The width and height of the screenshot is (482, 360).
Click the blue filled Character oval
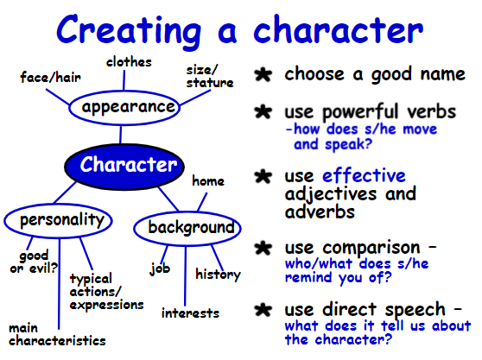click(124, 167)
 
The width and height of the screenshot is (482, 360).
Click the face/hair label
click(50, 77)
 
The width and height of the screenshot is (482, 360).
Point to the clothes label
click(129, 62)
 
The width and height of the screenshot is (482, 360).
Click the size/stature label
click(210, 77)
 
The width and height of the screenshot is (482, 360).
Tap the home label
click(208, 180)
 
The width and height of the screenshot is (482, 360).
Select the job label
click(160, 268)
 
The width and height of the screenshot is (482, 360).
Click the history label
click(218, 275)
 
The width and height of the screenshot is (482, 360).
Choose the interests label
click(190, 313)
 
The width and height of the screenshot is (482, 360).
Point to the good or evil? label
click(34, 262)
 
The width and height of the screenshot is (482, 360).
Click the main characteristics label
click(57, 335)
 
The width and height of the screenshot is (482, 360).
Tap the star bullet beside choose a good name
click(263, 74)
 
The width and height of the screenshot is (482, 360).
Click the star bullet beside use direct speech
click(263, 310)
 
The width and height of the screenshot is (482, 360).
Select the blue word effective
click(364, 176)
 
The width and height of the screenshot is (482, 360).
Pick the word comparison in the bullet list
click(371, 248)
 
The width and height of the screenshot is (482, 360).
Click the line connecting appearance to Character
click(121, 135)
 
